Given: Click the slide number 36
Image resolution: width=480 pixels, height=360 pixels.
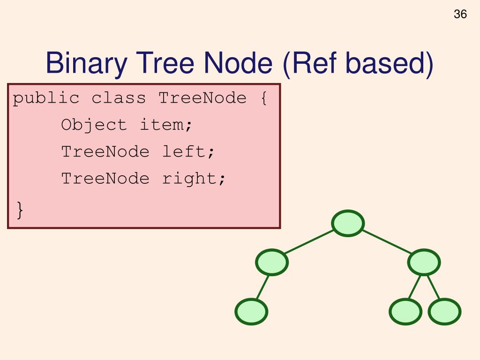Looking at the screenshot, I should (460, 15).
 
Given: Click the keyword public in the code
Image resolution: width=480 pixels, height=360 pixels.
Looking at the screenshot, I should (46, 98).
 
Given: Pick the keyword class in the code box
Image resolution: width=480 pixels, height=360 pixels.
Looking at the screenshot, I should (119, 98).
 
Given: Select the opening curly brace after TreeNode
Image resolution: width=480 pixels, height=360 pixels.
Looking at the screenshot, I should (263, 98).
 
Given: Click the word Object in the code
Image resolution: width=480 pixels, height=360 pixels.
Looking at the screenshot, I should (94, 125).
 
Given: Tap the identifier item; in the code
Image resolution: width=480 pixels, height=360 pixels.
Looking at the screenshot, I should (166, 125).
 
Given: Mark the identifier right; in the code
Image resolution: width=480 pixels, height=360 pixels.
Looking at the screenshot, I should (194, 179).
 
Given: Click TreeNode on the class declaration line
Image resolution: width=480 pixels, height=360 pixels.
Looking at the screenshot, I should (202, 98).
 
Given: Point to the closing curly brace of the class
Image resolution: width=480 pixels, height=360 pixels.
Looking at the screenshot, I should (19, 209).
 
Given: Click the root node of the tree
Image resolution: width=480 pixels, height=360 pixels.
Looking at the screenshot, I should (348, 223).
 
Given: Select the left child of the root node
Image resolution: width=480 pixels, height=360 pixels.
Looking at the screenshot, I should (272, 262).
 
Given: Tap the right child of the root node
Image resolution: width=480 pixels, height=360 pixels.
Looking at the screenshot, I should (424, 262).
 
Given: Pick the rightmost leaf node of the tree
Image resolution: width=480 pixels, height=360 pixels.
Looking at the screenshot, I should (444, 312).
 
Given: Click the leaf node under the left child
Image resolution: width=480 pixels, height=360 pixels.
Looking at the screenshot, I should (251, 312).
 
